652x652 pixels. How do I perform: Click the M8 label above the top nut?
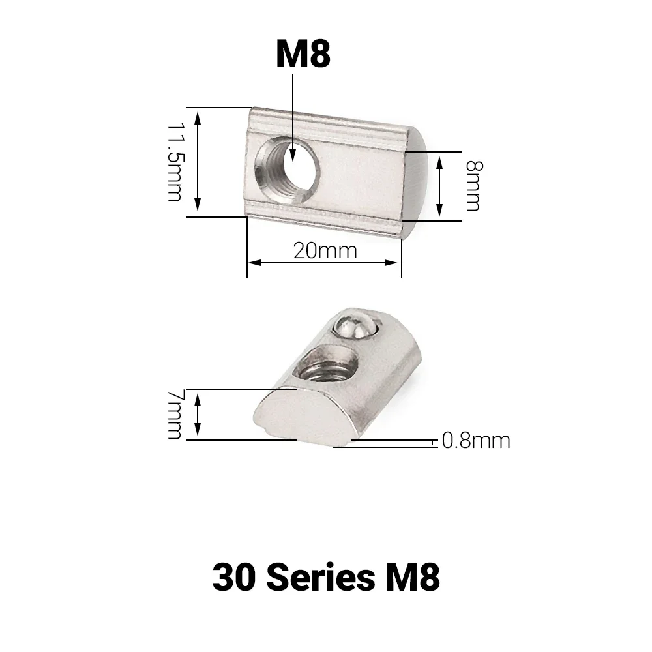pyautogui.click(x=303, y=55)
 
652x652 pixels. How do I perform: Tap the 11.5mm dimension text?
pyautogui.click(x=174, y=161)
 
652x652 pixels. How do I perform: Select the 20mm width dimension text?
pyautogui.click(x=325, y=250)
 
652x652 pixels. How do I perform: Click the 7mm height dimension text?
pyautogui.click(x=174, y=415)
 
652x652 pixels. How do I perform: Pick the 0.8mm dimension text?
pyautogui.click(x=475, y=441)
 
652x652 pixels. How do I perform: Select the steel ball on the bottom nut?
pyautogui.click(x=354, y=325)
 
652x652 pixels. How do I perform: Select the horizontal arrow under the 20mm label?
pyautogui.click(x=323, y=263)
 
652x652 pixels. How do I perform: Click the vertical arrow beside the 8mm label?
pyautogui.click(x=441, y=186)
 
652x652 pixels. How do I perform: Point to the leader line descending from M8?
pyautogui.click(x=293, y=111)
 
